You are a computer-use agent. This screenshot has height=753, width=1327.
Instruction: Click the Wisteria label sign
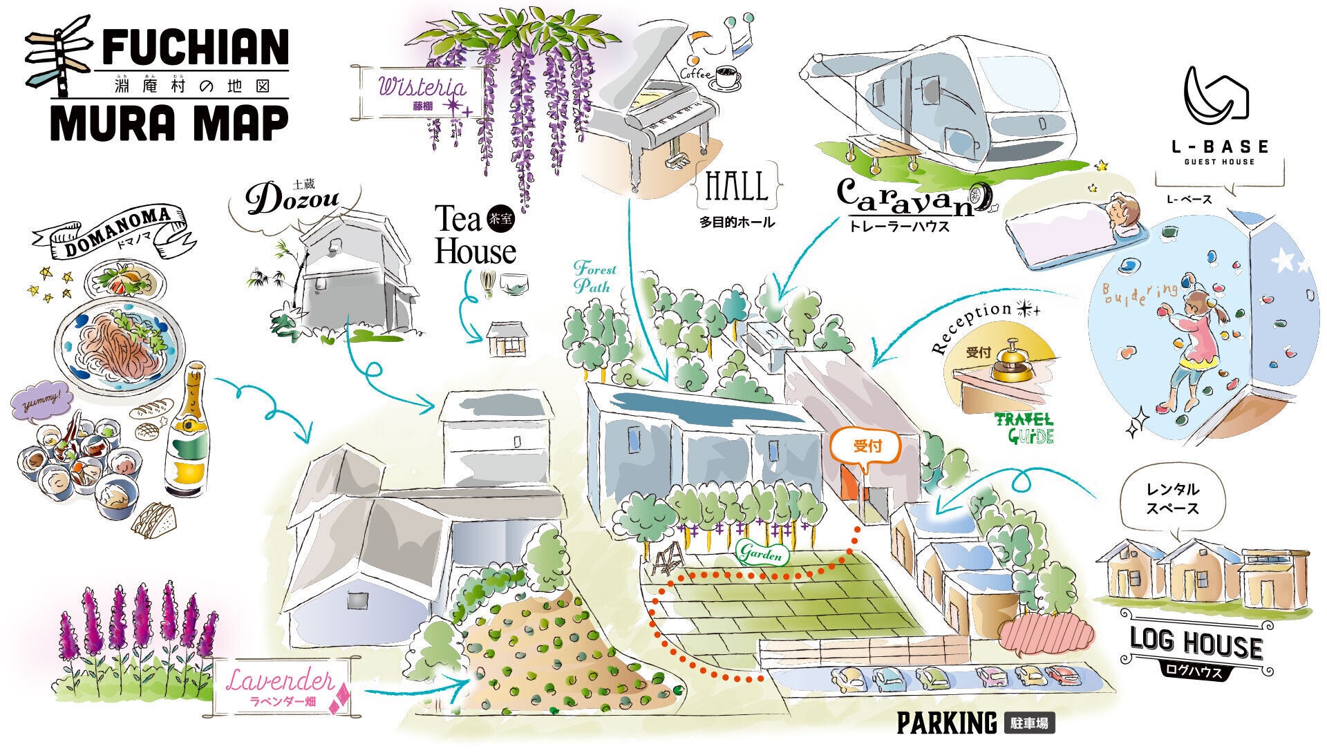[x=422, y=92]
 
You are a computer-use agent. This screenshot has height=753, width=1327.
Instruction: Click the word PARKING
[x=946, y=723]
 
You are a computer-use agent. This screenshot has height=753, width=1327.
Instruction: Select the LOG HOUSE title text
[x=1195, y=644]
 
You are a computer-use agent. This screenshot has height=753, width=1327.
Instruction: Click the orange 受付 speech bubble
[x=867, y=447]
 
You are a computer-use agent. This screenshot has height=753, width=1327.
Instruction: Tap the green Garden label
[x=762, y=553]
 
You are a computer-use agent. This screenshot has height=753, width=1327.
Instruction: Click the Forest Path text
[x=594, y=277]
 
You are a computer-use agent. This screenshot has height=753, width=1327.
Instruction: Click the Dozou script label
[x=294, y=200]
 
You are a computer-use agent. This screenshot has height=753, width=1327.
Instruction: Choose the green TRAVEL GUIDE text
[x=1024, y=428]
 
